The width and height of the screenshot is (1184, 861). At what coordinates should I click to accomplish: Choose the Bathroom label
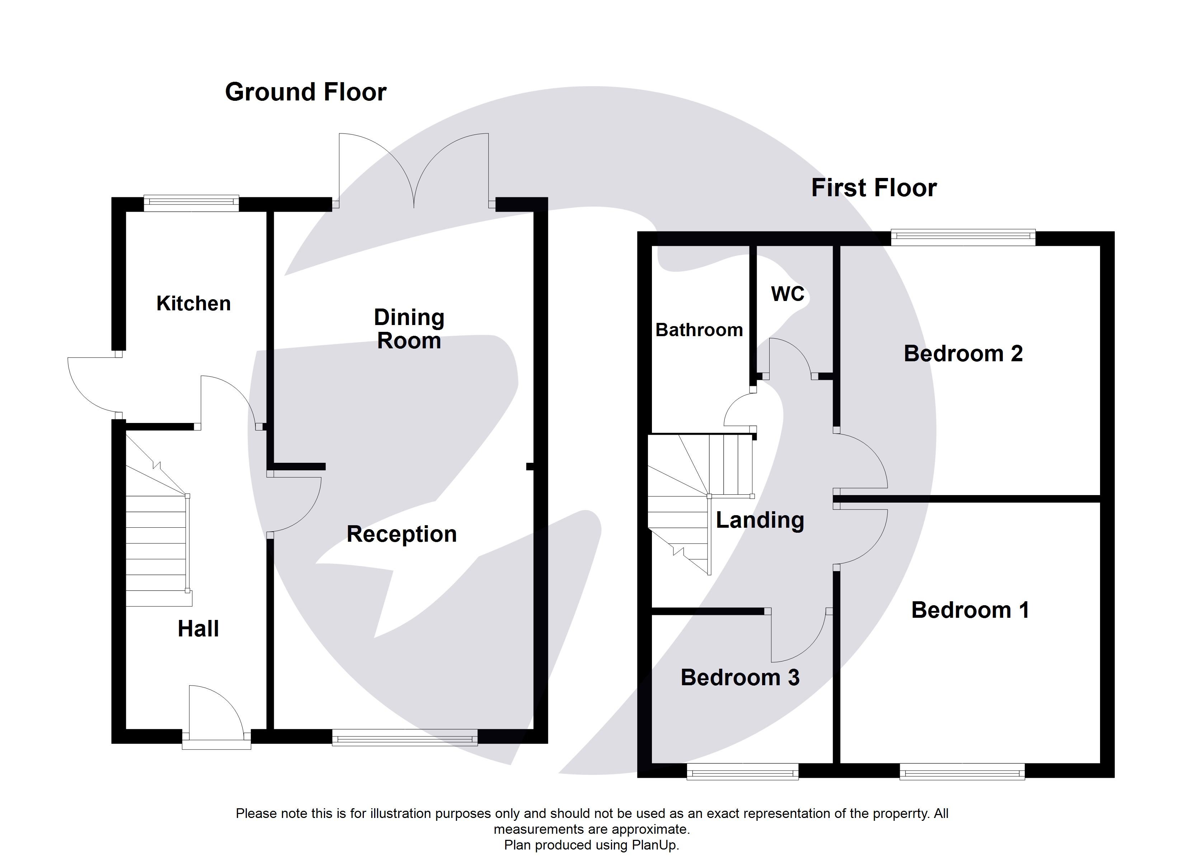(699, 330)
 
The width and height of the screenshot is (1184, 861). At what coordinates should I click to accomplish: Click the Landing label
(760, 520)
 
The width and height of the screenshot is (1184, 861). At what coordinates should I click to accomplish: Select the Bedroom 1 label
(969, 610)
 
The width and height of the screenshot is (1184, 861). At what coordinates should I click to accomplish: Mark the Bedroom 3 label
(740, 677)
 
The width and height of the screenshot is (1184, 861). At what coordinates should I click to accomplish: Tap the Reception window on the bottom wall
(405, 737)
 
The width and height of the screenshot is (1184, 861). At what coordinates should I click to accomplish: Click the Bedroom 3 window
(742, 771)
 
